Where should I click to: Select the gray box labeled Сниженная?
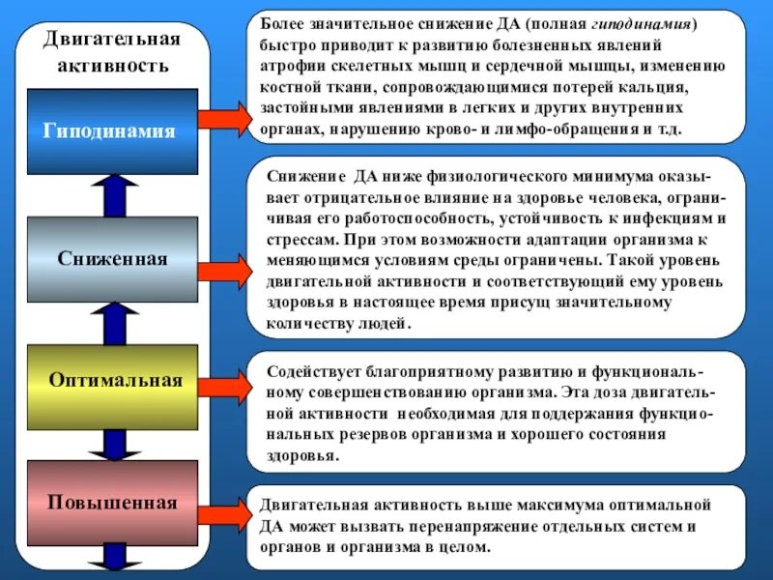(113, 259)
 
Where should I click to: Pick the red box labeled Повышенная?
(113, 503)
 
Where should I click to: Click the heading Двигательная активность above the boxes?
(113, 52)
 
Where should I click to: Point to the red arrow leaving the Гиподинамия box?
(223, 119)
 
